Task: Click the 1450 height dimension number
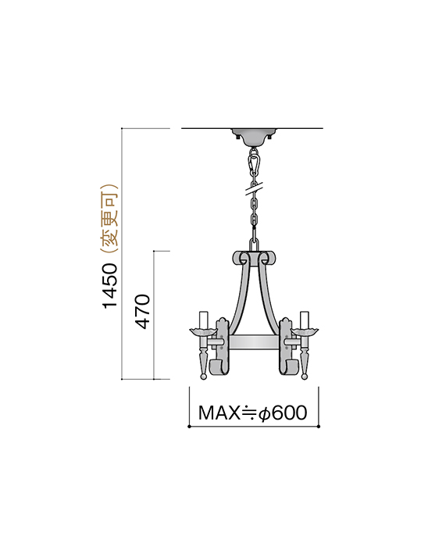[111, 285]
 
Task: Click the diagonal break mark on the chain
[253, 188]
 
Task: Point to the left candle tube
[204, 320]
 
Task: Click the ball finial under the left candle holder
[204, 376]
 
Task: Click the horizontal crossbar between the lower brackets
[253, 341]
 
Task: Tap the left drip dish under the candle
[204, 332]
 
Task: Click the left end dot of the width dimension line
[189, 427]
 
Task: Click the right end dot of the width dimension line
[318, 427]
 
